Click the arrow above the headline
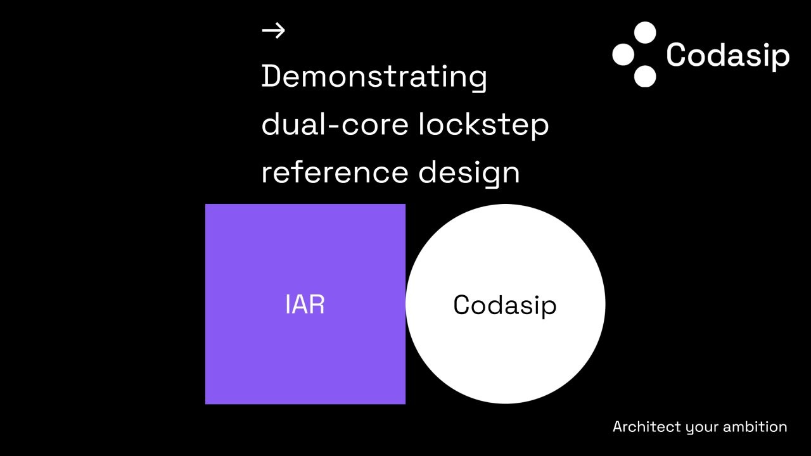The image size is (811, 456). click(273, 30)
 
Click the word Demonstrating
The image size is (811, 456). click(374, 77)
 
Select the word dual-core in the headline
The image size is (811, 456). click(335, 123)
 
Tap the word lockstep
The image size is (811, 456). click(483, 125)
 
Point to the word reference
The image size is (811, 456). click(335, 173)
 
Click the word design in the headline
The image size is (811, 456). click(469, 174)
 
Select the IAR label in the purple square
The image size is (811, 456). click(305, 305)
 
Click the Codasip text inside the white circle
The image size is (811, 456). click(505, 305)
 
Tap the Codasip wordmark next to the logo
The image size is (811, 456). click(728, 56)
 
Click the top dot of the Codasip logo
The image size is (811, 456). click(645, 32)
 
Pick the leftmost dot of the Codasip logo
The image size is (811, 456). click(623, 54)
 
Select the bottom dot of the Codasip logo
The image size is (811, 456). click(645, 77)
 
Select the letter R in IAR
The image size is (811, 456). click(317, 305)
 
